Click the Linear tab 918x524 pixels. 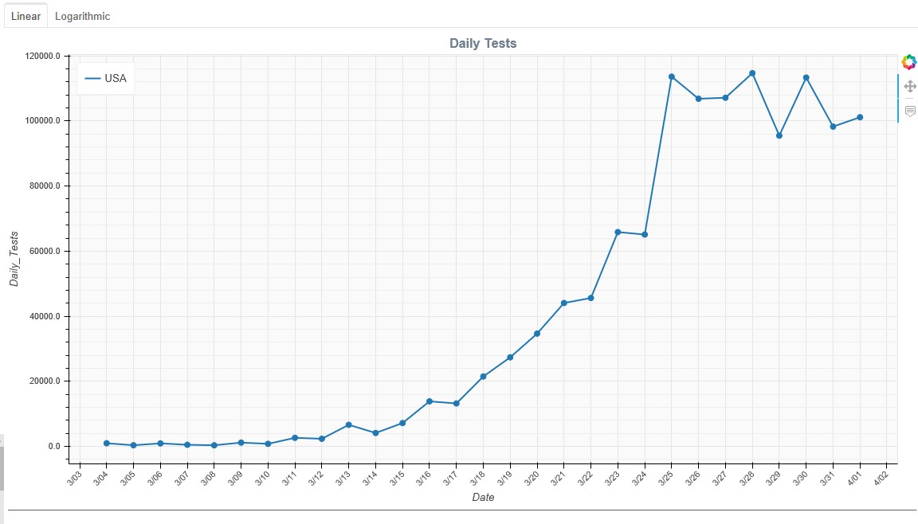(25, 16)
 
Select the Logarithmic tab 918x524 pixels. (83, 16)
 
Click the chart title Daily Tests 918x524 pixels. (483, 43)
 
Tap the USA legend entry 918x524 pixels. (105, 78)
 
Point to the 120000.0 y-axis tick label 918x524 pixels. (43, 56)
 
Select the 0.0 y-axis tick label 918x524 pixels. (54, 446)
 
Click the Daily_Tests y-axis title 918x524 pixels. (14, 259)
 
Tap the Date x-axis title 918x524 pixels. (483, 497)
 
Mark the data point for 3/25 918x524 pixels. (672, 76)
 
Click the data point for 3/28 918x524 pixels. (752, 74)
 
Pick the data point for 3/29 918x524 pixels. (779, 135)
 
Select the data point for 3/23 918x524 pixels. (618, 233)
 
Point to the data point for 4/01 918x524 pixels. (860, 118)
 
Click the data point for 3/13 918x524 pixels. (348, 424)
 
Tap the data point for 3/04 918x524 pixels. (107, 444)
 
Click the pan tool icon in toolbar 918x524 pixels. (910, 87)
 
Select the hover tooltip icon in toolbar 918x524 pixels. (910, 111)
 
